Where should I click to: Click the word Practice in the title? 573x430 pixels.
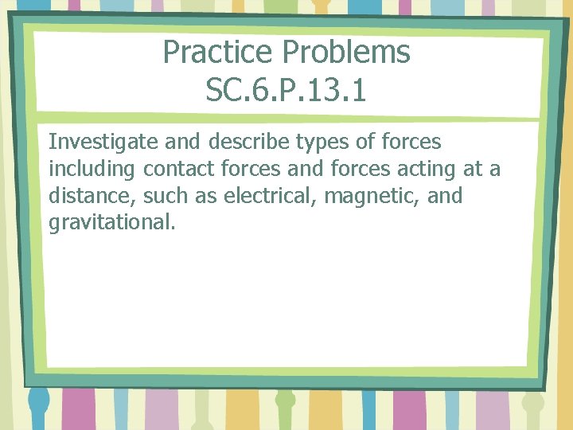coord(220,53)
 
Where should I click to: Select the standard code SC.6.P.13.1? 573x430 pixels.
coord(286,90)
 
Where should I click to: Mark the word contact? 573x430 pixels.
coord(178,170)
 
